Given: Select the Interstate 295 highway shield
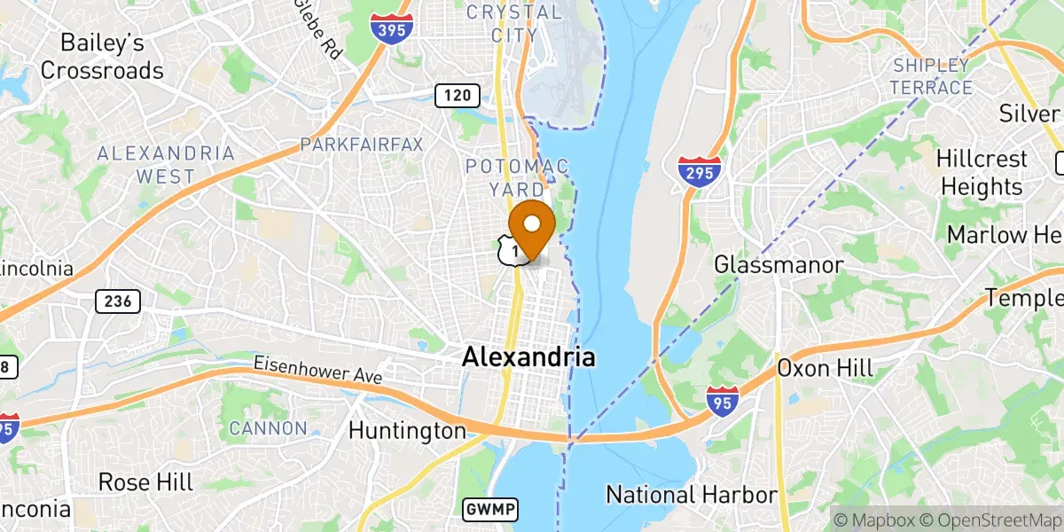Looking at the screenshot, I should (699, 170).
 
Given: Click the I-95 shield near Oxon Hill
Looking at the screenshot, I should (722, 401).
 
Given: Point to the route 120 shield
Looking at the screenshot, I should (458, 95).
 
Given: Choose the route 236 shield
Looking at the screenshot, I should (117, 301).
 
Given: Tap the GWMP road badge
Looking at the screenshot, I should (489, 509).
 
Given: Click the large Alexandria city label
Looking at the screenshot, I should (528, 357).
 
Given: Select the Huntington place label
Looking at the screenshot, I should (407, 431).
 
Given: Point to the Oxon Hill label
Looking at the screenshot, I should (825, 367).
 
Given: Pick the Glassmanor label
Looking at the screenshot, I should (778, 264).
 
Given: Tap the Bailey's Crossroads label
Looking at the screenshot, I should (102, 56).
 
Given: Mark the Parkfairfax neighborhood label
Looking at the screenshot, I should (362, 144).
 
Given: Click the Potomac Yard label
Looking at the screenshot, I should (516, 177).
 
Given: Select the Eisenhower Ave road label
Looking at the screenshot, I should (317, 370).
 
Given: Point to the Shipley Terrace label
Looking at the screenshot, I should (932, 76).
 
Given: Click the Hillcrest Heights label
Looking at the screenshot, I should (982, 173).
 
